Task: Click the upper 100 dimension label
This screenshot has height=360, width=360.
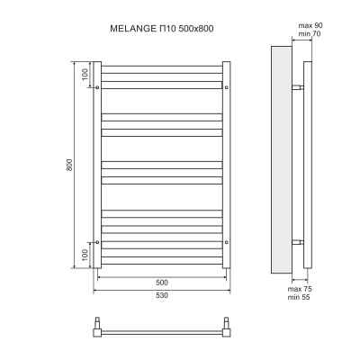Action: [84, 74]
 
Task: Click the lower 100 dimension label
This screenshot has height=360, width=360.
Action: [84, 256]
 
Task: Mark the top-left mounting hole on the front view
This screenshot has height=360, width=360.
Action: [97, 87]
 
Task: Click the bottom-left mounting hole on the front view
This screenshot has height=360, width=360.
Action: [97, 242]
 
